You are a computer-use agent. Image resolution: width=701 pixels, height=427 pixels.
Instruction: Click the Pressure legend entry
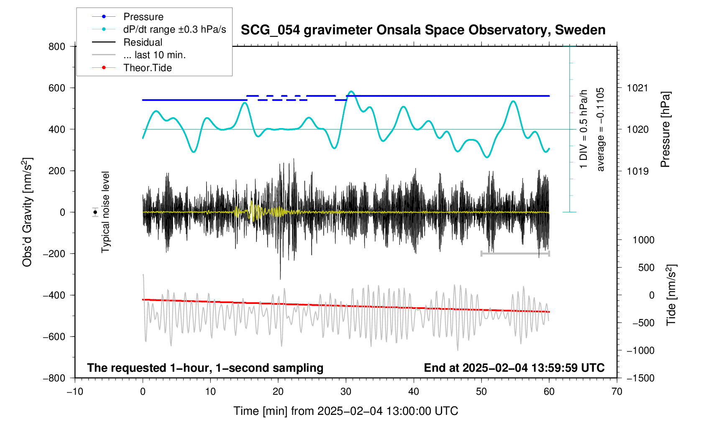click(143, 17)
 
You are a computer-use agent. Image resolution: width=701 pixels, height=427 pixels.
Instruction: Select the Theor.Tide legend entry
click(147, 68)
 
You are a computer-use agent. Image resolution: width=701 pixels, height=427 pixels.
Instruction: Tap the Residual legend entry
click(143, 42)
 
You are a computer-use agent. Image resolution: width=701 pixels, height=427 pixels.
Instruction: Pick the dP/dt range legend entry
click(174, 29)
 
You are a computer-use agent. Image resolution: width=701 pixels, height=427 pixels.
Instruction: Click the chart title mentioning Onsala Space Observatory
click(423, 30)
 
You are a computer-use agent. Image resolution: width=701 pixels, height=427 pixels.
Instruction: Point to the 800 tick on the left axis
click(57, 46)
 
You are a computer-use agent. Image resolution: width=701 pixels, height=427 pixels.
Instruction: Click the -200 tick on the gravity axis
click(54, 254)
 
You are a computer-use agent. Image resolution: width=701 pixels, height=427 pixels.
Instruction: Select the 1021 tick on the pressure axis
click(637, 88)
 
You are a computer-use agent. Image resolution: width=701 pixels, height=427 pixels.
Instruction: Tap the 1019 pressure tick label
click(637, 171)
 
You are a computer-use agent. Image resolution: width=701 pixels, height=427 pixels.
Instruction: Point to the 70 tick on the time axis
click(617, 391)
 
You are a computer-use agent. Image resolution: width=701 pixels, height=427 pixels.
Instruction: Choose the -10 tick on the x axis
click(75, 391)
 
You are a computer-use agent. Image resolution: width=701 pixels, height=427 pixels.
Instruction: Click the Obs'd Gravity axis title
click(27, 212)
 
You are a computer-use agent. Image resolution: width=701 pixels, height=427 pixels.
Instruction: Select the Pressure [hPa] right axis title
click(665, 129)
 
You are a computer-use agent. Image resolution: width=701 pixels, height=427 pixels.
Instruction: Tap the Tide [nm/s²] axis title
click(671, 295)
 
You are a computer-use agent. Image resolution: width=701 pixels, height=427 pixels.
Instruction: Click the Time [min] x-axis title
click(345, 411)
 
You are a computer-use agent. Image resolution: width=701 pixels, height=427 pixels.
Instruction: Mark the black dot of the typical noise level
click(95, 212)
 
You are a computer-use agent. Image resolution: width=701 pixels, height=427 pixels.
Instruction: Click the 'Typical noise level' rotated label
click(105, 212)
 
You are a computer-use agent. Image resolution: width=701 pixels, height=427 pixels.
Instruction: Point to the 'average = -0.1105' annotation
click(601, 129)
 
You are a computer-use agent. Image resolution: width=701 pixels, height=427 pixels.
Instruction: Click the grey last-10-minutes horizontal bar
click(515, 253)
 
